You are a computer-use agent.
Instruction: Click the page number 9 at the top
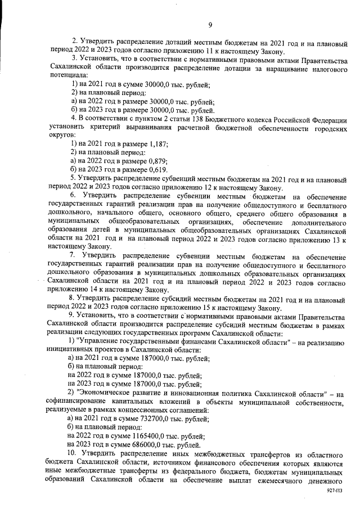(210, 24)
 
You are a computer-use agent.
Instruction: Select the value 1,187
(158, 145)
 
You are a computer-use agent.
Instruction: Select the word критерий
(95, 128)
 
